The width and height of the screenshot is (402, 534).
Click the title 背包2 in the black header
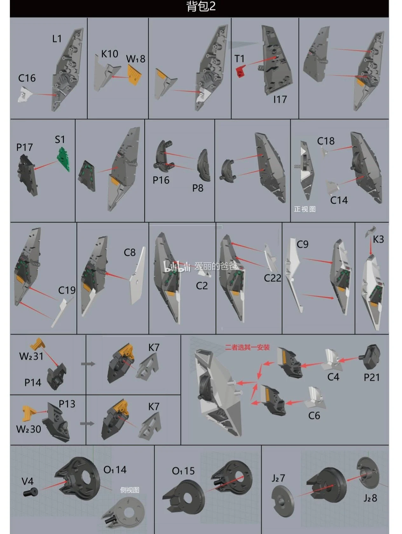[x=201, y=6]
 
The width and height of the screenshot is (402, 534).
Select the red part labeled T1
[x=240, y=71]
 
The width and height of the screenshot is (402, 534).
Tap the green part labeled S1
[x=64, y=159]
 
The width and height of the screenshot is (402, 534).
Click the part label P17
[x=24, y=147]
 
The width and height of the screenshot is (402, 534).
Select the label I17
[x=280, y=99]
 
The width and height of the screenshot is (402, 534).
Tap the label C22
[x=272, y=278]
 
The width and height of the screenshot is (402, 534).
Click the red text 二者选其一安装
[x=247, y=347]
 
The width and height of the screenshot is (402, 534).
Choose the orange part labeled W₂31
[x=38, y=344]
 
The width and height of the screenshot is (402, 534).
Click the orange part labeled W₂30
[x=29, y=413]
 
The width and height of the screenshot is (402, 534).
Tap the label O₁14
[x=115, y=469]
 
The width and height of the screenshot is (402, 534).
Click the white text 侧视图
[x=130, y=490]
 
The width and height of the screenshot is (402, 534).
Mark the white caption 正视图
[x=305, y=209]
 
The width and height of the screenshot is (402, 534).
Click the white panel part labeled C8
[x=137, y=276]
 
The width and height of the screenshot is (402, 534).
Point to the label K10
[x=110, y=54]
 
